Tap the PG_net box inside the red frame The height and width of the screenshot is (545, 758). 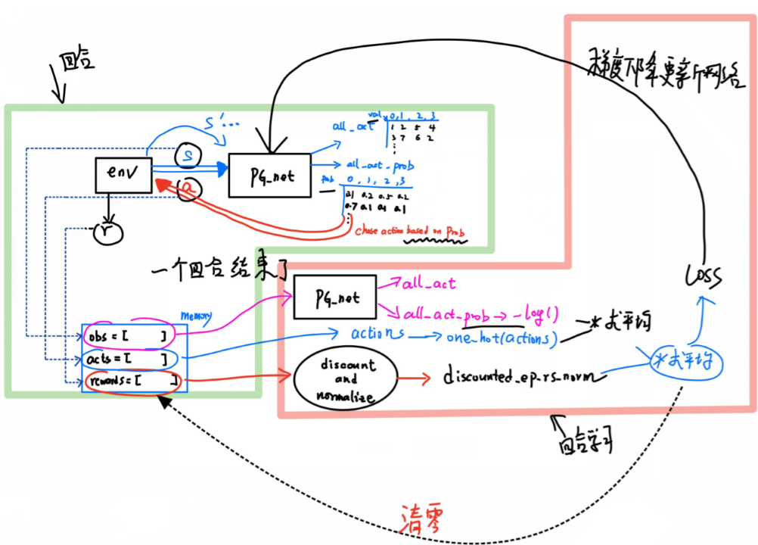coord(336,299)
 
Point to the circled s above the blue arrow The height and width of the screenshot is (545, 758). coord(185,157)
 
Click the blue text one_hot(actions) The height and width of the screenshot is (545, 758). coord(502,338)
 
